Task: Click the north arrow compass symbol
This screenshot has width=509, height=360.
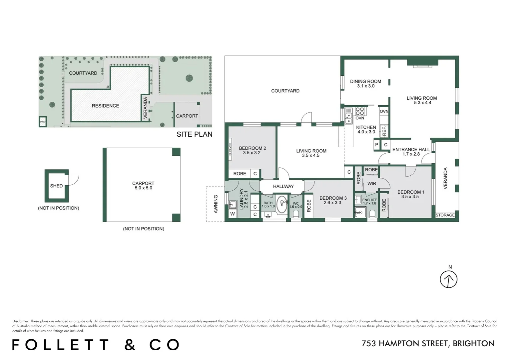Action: (448, 279)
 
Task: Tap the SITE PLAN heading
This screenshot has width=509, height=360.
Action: (194, 134)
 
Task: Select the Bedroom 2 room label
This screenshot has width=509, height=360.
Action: (252, 148)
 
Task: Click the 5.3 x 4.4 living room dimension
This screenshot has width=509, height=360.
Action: (421, 103)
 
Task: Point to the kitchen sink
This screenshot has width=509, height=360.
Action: (348, 118)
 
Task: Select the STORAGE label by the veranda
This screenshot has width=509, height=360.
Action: (445, 215)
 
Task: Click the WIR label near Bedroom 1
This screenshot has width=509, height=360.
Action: (371, 184)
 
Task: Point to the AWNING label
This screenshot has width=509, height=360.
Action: (216, 204)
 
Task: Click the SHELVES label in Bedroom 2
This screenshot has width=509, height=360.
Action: (230, 149)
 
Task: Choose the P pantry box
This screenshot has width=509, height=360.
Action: (377, 145)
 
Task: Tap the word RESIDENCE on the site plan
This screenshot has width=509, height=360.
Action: (105, 106)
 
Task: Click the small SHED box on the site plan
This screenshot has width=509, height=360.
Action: (43, 122)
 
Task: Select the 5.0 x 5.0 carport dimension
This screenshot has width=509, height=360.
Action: (143, 188)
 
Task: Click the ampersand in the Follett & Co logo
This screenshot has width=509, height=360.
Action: (130, 345)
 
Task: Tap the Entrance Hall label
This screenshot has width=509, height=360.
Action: (411, 150)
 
